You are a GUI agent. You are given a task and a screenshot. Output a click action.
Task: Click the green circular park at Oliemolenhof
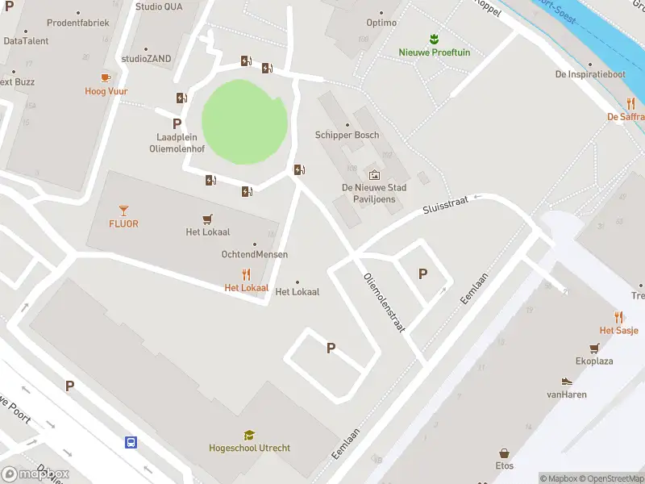pos(243,122)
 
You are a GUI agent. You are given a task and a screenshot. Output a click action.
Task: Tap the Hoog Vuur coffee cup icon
pos(106,77)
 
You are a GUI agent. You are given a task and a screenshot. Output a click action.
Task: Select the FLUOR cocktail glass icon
pos(123,210)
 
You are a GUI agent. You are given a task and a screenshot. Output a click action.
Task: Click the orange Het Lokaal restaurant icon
pos(247,274)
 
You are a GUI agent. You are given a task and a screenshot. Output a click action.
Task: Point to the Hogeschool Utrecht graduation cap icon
pos(249,435)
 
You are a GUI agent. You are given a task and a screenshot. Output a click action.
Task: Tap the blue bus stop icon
pos(131,442)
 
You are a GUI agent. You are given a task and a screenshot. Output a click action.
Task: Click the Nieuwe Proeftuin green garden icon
pos(434,39)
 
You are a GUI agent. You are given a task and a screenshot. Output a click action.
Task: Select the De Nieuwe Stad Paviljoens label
pos(374,193)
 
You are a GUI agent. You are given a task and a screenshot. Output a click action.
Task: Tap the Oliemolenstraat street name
pos(383,302)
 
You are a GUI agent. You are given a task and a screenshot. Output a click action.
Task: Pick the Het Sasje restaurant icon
pos(618,317)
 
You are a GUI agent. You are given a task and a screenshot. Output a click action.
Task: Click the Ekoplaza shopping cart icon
pos(594,348)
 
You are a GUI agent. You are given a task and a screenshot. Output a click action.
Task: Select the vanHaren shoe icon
pos(566,382)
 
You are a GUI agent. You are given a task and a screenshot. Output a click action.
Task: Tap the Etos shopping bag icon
pos(504,453)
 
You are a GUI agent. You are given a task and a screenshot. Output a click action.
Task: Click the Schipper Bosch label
pos(347,135)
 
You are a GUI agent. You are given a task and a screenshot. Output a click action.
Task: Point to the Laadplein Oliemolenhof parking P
pos(177,123)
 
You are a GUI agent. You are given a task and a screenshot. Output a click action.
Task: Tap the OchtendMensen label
pos(255,254)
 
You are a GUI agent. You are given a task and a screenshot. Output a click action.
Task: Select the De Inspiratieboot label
pos(590,74)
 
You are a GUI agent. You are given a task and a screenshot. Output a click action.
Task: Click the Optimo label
pos(381,23)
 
